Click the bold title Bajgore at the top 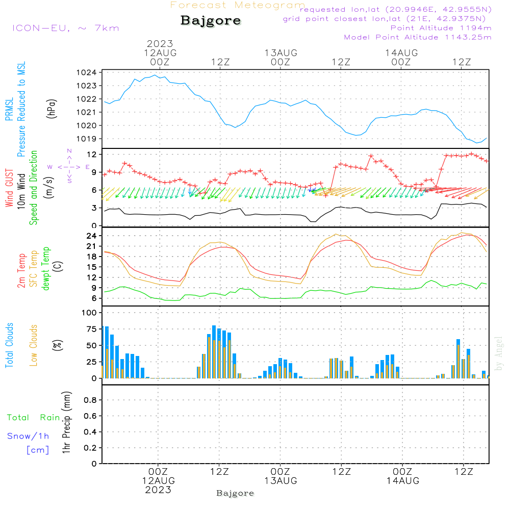211,21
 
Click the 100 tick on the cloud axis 90,312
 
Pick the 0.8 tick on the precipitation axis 90,400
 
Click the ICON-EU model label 65,28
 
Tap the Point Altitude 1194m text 441,28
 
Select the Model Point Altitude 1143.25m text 418,37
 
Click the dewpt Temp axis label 46,269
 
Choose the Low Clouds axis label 34,345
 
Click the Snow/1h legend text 28,436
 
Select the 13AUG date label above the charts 280,53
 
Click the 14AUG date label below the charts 402,481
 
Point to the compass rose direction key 69,167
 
